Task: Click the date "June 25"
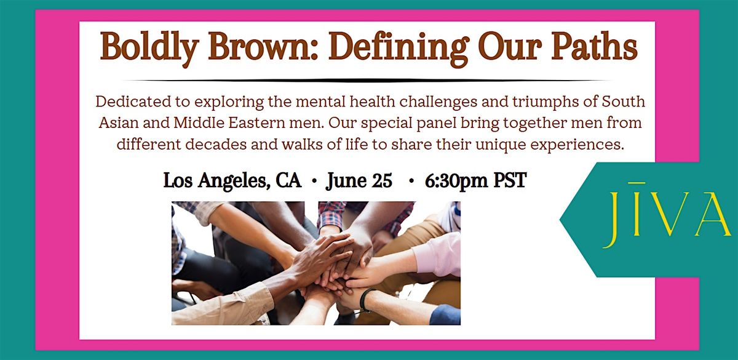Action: (x=360, y=181)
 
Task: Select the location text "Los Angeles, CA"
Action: (x=232, y=181)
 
